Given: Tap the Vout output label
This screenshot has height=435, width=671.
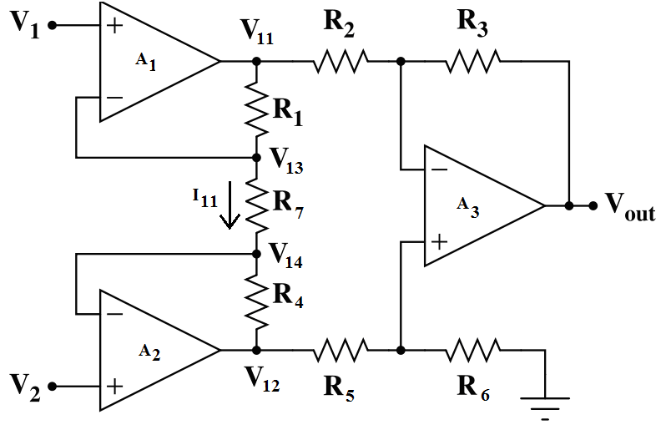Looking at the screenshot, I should point(629,205).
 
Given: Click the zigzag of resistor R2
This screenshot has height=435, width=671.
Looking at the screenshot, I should point(341,61).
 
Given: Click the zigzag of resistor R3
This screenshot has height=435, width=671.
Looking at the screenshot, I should point(473,61).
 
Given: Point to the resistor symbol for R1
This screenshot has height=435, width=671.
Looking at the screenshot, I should point(256,109).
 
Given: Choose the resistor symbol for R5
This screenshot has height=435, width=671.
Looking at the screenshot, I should point(341,350).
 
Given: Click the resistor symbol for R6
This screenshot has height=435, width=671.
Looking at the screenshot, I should point(473,350).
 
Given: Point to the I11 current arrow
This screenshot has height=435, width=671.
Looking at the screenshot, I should point(228,215).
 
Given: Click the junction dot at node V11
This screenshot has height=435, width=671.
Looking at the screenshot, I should point(256,61).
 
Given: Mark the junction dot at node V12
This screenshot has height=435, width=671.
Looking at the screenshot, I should point(256,350).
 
